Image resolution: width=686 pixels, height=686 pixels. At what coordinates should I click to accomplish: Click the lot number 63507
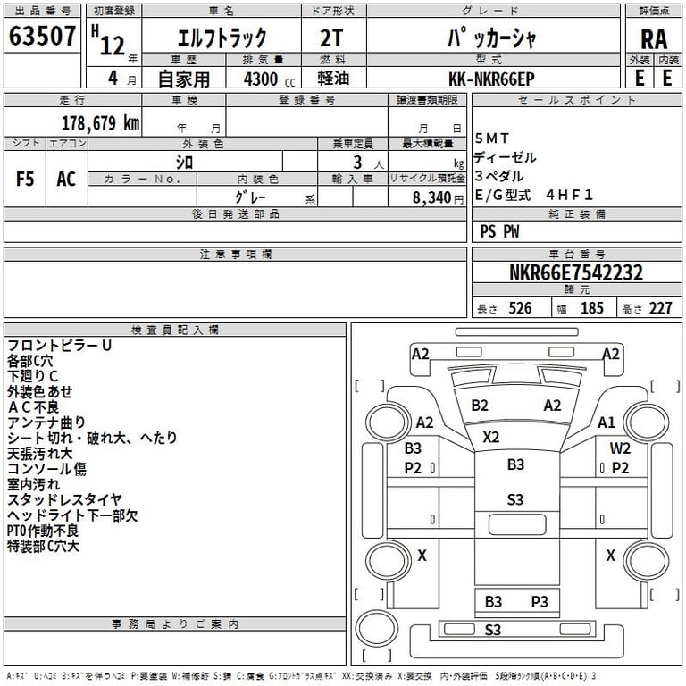tap(42, 37)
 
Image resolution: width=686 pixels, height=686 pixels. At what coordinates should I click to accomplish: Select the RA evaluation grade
tap(654, 39)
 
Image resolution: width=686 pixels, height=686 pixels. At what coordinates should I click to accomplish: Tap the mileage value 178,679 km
tap(99, 123)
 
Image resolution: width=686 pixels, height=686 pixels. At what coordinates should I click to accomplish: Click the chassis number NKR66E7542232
tap(576, 272)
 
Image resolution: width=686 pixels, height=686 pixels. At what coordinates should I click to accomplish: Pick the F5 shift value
tap(25, 178)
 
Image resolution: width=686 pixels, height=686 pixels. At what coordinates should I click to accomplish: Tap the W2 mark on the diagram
tap(620, 448)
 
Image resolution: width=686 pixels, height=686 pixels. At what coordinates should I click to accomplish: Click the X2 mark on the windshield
tap(491, 437)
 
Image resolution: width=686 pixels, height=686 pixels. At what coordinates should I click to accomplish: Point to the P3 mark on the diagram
tap(540, 601)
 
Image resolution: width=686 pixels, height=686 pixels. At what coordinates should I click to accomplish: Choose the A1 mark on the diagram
tap(607, 422)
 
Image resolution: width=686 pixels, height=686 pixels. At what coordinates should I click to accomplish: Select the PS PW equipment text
tap(499, 232)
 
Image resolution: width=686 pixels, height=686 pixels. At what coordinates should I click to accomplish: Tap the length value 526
tap(519, 308)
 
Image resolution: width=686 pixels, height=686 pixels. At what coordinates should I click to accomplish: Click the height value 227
tap(660, 308)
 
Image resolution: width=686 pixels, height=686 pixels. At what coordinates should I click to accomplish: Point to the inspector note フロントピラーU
tap(60, 346)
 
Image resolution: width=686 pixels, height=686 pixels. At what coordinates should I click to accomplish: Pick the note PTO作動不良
tap(43, 531)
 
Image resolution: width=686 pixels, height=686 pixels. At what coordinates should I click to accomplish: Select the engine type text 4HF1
tap(570, 194)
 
